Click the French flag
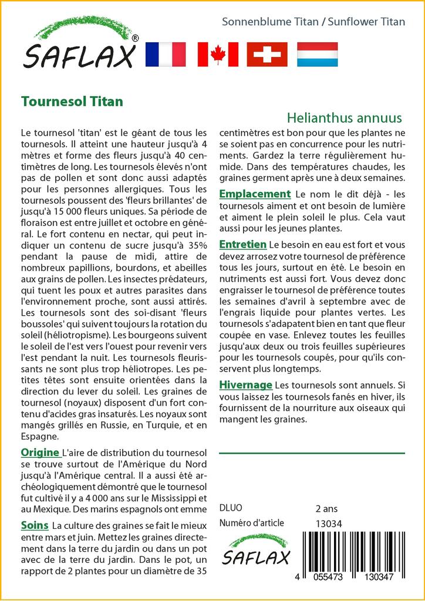pos(165,54)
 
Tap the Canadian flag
pos(218,54)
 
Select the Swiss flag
pos(267,54)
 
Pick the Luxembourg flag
pos(318,54)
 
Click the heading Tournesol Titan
pos(72,101)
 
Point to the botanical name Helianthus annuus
pos(345,117)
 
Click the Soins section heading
pos(34,524)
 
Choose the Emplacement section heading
pos(255,194)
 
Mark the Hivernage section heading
pos(245,385)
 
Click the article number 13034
pos(328,523)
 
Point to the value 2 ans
pos(326,508)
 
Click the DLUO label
pos(230,508)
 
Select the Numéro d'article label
pos(251,523)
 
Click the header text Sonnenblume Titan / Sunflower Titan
pos(313,22)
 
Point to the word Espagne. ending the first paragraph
pos(39,436)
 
